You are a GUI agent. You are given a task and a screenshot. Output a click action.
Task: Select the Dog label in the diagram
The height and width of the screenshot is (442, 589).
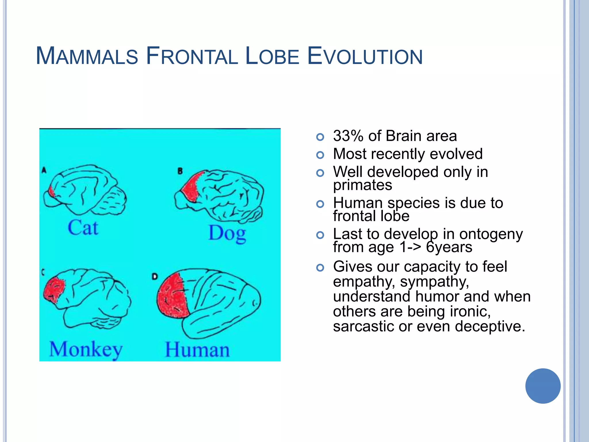(227, 233)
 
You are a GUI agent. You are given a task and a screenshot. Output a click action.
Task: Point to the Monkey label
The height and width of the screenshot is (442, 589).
(86, 349)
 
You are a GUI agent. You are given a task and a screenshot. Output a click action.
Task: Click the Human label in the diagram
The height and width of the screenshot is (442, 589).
(197, 350)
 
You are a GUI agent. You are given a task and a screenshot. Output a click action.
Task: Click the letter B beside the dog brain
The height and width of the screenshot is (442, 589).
(180, 171)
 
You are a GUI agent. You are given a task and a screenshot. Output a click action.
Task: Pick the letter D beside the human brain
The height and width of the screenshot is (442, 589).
(155, 277)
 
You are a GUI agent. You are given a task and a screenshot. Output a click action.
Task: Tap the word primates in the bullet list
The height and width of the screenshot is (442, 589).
(362, 185)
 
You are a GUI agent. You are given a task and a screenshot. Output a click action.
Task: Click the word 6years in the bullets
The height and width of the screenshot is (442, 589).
(449, 247)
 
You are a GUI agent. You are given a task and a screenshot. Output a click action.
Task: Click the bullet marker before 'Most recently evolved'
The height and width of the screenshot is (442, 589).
(320, 155)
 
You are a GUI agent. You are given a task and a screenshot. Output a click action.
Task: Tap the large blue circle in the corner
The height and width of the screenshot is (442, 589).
(543, 386)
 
